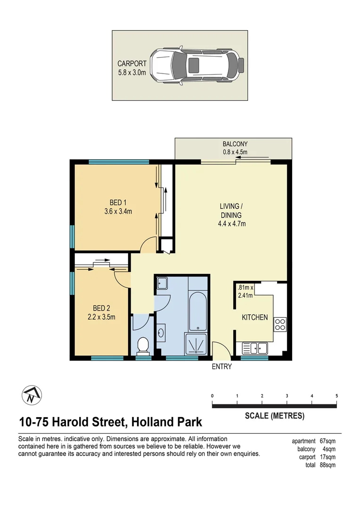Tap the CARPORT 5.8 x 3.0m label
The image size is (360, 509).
132,68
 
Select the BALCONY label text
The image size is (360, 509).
235,144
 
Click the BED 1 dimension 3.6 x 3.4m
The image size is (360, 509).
118,211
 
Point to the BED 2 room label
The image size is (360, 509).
101,308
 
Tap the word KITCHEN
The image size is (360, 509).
255,317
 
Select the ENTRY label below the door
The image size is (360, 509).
222,367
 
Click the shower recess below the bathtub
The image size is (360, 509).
196,343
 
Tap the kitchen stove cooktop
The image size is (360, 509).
280,324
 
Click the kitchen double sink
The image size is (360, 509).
255,349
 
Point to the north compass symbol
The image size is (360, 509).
32,395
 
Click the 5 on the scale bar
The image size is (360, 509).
336,396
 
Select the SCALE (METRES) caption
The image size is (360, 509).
275,416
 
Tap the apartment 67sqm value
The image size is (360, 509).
327,441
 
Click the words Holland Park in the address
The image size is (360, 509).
167,422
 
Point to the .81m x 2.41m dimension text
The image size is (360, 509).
245,292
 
